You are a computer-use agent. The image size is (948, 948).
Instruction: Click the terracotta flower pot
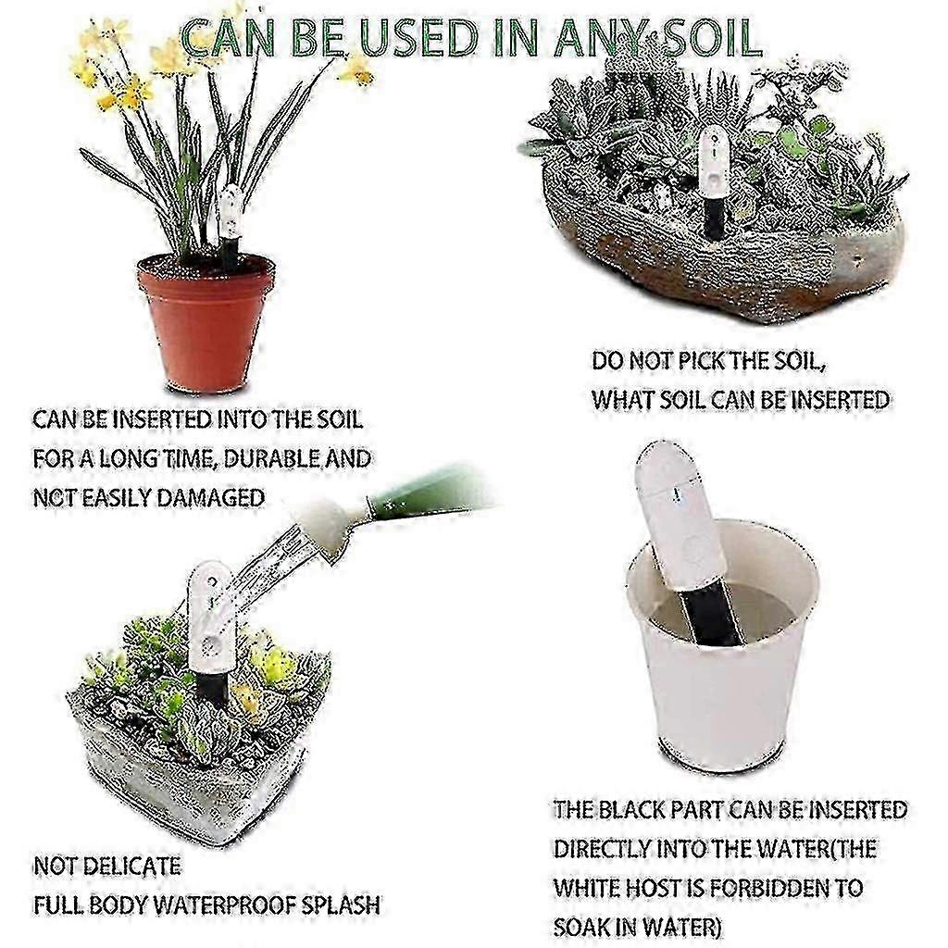click(x=206, y=322)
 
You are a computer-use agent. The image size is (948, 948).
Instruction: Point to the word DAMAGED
click(x=210, y=498)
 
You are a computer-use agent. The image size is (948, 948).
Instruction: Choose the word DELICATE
click(x=131, y=867)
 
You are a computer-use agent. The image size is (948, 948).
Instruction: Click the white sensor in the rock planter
click(x=715, y=161)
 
